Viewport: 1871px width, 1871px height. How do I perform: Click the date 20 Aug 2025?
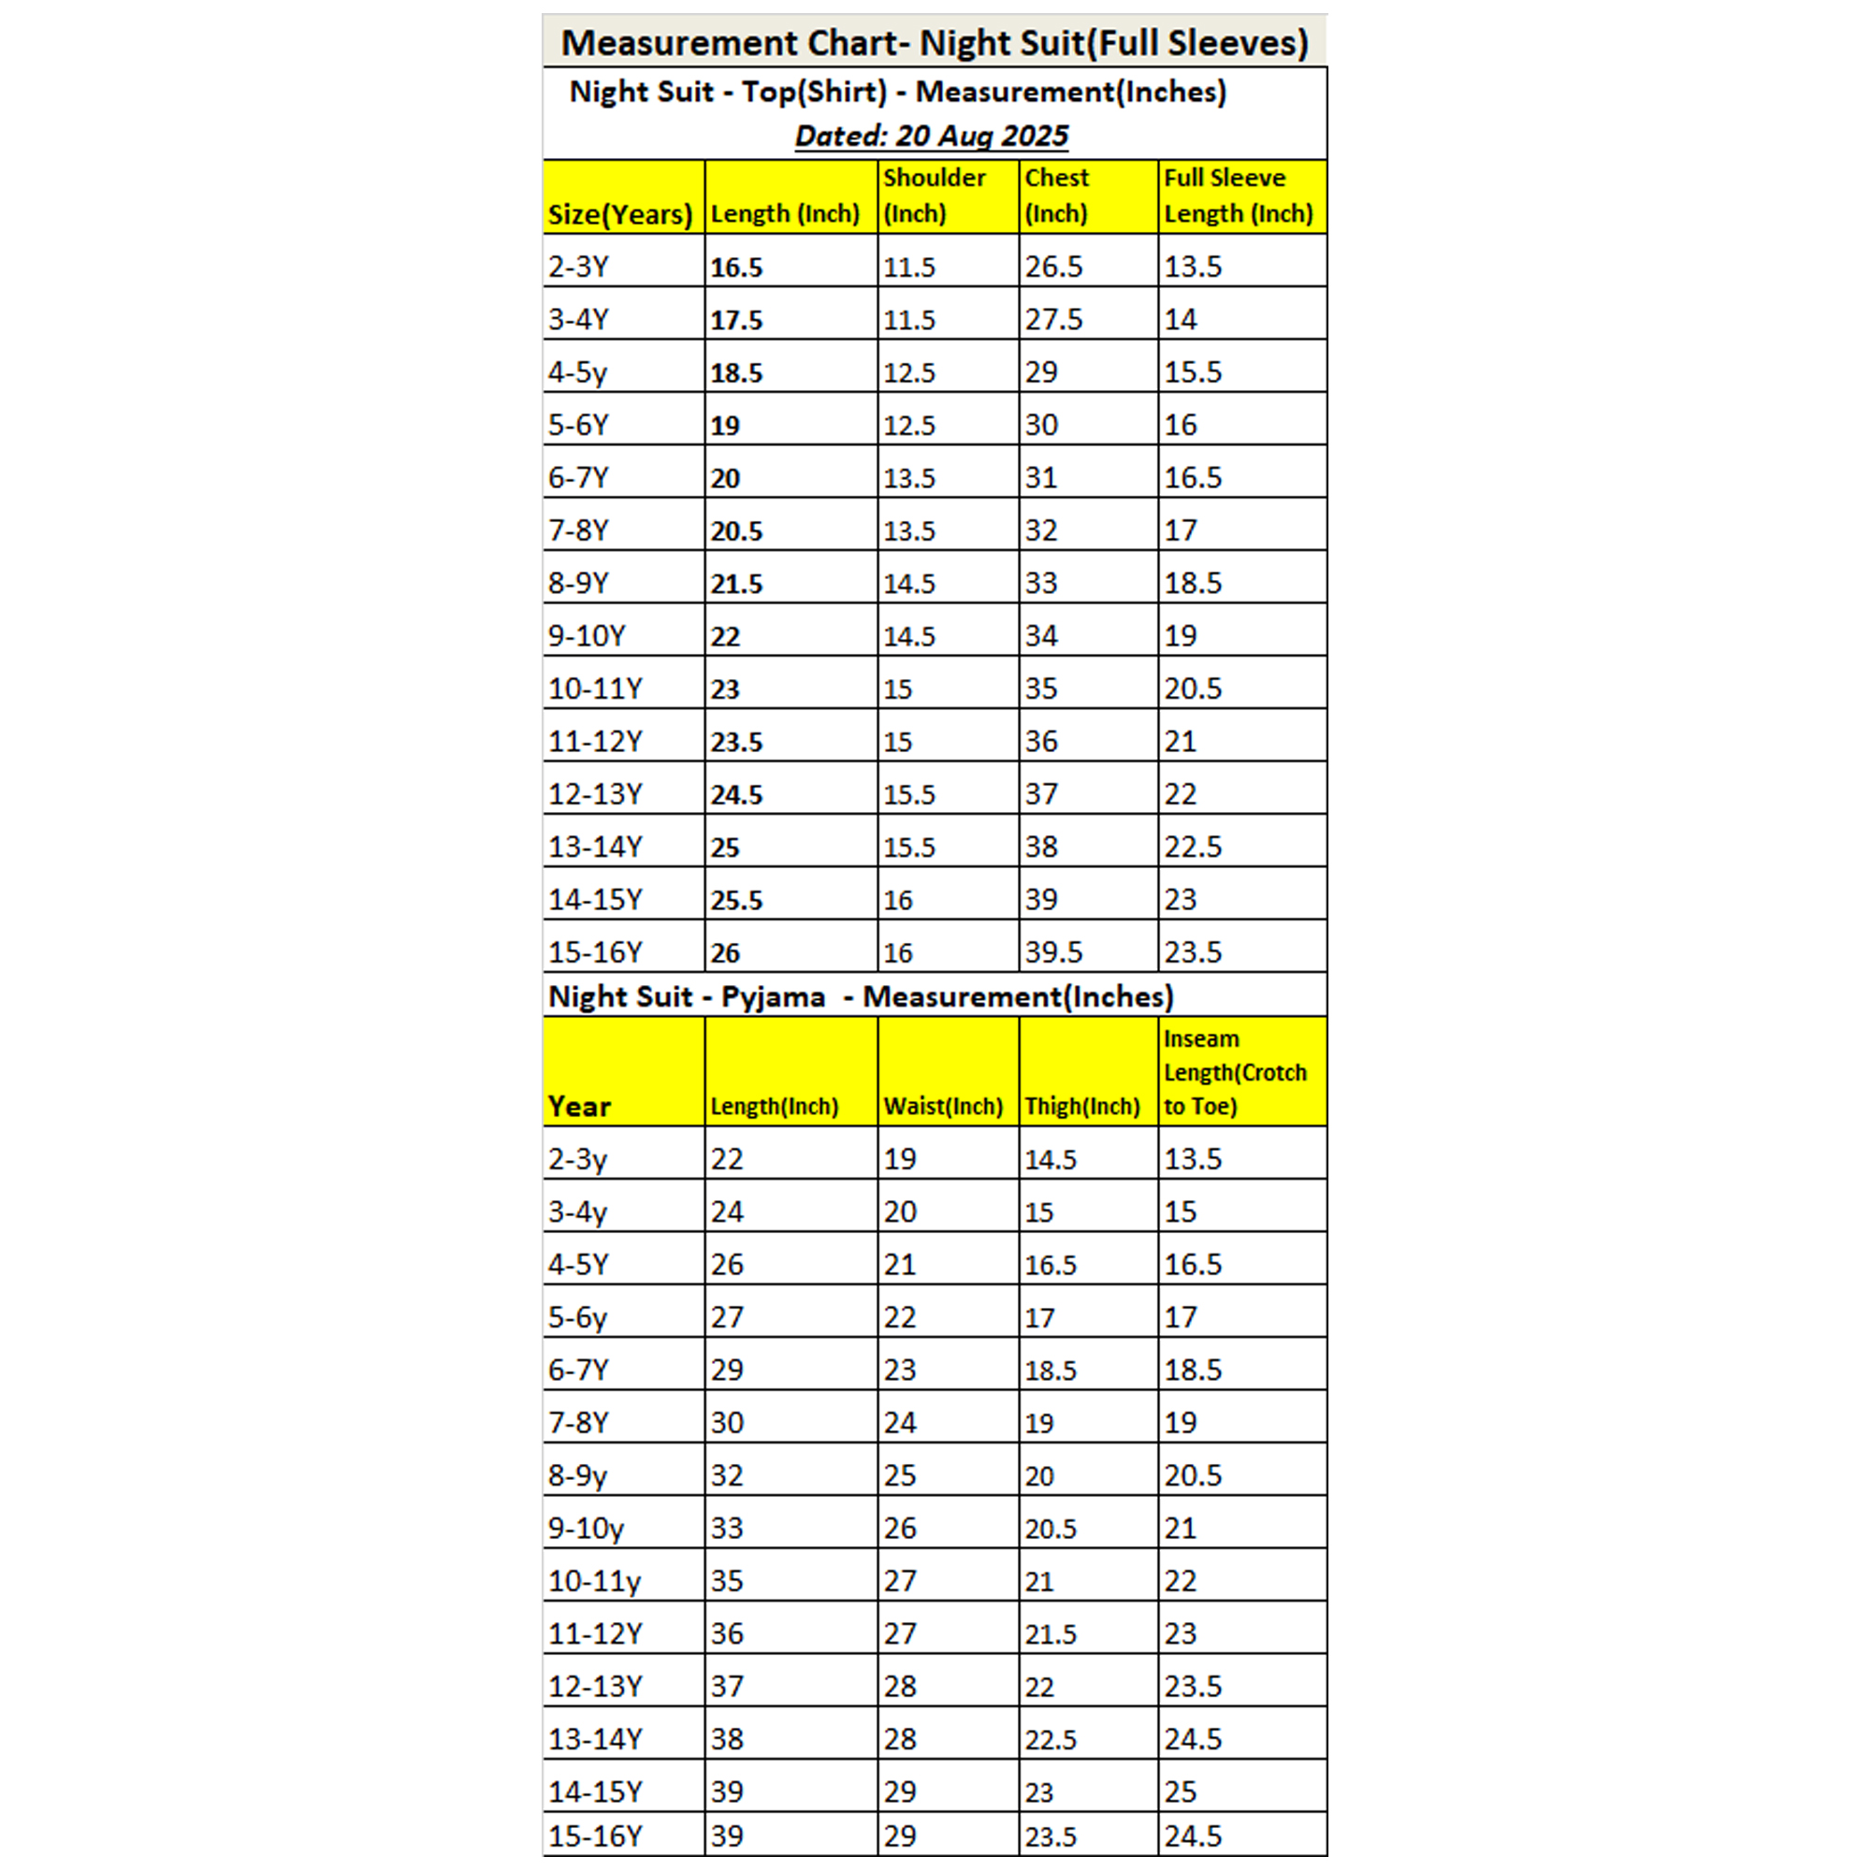932,136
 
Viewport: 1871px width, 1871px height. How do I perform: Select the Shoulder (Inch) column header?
934,196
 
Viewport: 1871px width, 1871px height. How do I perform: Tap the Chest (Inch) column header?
1056,196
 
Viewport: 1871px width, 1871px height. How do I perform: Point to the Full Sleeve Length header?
1238,196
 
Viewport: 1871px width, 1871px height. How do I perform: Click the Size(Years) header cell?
620,214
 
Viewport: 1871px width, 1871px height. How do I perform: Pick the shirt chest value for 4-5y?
1042,373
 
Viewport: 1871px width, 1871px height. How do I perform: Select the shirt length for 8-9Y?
737,584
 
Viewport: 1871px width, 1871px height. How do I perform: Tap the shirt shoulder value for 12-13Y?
909,795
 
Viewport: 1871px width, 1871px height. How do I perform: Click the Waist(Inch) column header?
943,1106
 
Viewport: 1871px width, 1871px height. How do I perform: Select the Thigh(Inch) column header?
1082,1106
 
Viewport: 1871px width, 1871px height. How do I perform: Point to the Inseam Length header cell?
1235,1073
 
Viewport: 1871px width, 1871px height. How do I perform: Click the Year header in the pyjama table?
579,1106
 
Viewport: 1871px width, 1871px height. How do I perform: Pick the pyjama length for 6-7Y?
727,1371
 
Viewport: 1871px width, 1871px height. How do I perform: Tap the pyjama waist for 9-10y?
900,1529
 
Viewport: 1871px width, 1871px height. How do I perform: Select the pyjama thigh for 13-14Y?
1051,1739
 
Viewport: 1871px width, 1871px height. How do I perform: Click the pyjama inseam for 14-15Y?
1181,1791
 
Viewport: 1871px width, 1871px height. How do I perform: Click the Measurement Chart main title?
935,44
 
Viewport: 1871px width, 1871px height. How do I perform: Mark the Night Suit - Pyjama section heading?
860,996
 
